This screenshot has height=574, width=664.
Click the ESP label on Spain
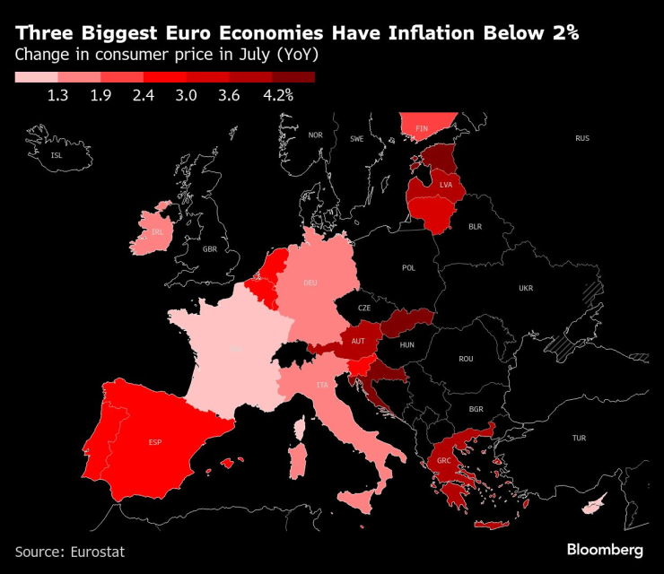(x=155, y=442)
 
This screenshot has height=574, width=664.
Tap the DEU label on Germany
(x=310, y=283)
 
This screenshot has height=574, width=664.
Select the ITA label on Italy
(x=320, y=385)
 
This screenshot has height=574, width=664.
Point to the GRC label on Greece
(x=444, y=460)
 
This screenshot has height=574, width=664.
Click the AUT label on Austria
(x=358, y=341)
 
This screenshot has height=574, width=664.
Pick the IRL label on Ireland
(x=157, y=231)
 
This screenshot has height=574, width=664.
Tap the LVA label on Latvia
(x=446, y=185)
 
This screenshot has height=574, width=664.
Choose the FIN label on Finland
(x=422, y=128)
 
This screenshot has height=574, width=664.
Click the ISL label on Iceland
(x=57, y=155)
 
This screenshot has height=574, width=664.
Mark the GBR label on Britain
(x=210, y=249)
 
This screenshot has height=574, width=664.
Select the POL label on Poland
(x=409, y=267)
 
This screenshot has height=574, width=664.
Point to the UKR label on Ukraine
(x=526, y=288)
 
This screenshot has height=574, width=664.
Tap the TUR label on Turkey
(x=579, y=438)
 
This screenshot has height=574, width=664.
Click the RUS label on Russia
(x=582, y=138)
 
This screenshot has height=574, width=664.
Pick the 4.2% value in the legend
(x=278, y=95)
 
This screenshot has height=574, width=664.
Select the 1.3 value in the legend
(x=58, y=95)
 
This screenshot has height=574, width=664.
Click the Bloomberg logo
(x=605, y=549)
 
